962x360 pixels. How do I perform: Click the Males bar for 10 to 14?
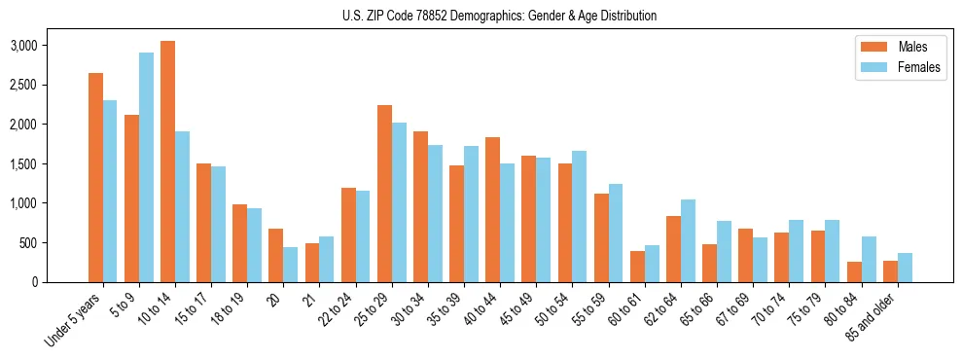tap(167, 162)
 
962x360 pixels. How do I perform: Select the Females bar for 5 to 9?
tap(146, 167)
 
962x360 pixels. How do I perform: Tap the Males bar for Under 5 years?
tap(95, 177)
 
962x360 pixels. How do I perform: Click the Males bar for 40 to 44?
tap(493, 209)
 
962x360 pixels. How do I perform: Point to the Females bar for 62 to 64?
tap(688, 240)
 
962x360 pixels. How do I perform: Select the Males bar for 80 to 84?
tap(854, 271)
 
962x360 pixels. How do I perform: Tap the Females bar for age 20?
tap(291, 265)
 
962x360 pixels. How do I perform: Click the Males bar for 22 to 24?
tap(348, 234)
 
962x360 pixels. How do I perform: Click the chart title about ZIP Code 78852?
tap(499, 16)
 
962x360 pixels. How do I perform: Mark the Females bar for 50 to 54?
tap(580, 216)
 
